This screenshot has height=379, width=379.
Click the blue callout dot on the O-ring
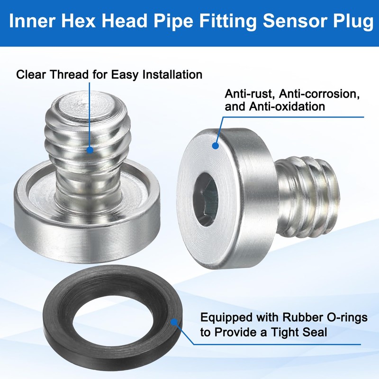pos(175,323)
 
